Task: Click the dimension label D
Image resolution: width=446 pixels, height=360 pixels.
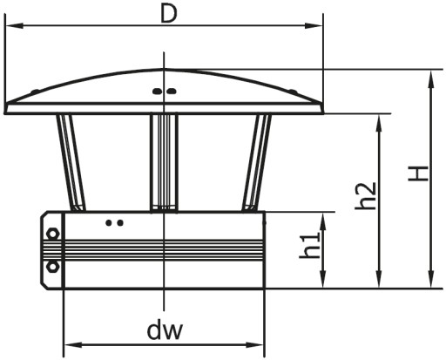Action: coord(169,15)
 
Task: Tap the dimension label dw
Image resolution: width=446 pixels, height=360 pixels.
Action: coord(165,330)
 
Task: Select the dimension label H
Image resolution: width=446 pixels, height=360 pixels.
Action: coord(418,173)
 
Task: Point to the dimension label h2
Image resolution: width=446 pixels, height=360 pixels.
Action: coord(366,195)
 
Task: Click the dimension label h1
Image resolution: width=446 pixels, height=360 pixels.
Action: coord(310,245)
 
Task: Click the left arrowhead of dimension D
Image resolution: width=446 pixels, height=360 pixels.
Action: coord(15,26)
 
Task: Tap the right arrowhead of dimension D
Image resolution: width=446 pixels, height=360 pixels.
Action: coord(314,26)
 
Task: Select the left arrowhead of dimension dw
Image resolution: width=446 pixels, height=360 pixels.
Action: coord(73,345)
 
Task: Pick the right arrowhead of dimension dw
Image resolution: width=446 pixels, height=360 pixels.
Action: coord(254,345)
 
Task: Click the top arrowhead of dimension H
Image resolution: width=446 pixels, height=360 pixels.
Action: coord(431,79)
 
